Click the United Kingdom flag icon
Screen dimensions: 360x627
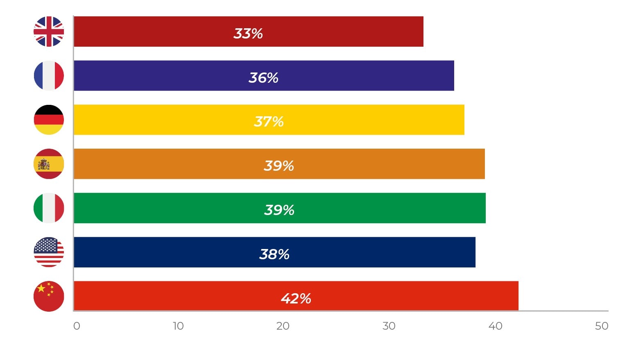coord(49,32)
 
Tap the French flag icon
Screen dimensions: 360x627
coord(49,76)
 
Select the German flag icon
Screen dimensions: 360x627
coord(49,120)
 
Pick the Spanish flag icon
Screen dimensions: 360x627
coord(49,164)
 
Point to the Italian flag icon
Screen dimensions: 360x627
coord(49,208)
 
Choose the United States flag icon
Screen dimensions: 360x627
coord(49,252)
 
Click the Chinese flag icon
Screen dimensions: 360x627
coord(49,296)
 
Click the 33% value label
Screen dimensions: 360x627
coord(248,33)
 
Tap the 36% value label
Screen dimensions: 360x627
coord(263,77)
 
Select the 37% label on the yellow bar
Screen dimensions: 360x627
coord(269,121)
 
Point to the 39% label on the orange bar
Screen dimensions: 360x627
coord(279,165)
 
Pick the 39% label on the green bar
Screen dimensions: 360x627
coord(279,210)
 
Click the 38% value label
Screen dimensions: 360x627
coord(274,254)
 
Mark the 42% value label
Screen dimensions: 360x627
coord(296,298)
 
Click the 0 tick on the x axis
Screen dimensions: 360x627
coord(77,326)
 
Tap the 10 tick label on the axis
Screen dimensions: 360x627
coord(178,326)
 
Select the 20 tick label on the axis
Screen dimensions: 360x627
coord(283,326)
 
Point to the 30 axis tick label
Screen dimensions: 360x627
coord(389,326)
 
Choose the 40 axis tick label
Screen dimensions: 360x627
coord(496,326)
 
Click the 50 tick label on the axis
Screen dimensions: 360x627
coord(602,326)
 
